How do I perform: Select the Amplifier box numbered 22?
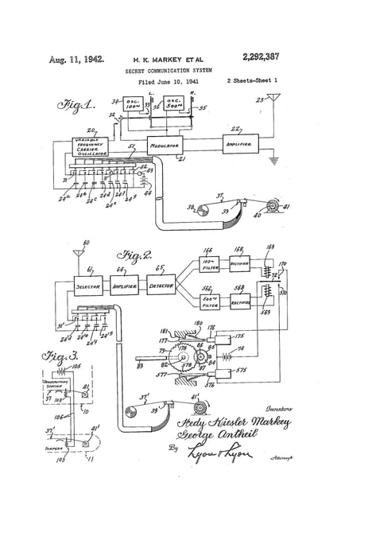pos(239,146)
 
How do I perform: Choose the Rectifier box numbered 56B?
pos(240,301)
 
